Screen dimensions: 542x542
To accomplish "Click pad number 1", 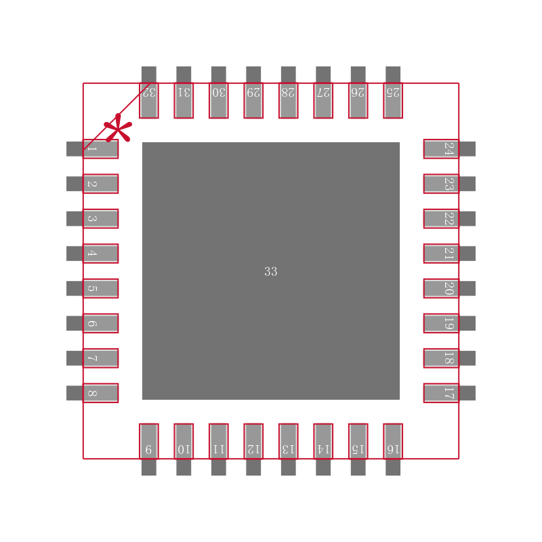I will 100,149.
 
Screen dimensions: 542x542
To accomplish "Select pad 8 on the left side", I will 100,393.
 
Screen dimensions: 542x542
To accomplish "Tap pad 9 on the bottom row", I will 149,442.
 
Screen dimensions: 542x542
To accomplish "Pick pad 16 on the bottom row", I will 393,442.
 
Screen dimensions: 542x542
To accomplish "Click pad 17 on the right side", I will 442,393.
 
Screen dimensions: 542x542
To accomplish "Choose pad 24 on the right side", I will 442,149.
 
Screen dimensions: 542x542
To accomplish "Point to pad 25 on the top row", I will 393,100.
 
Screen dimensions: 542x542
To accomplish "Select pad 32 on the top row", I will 149,100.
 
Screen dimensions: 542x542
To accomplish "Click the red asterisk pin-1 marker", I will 118,129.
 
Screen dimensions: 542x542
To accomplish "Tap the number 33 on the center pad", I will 271,272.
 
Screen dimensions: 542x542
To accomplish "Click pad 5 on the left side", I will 100,289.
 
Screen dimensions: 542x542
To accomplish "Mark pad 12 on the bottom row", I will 253,442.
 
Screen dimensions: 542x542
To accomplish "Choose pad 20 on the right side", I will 442,289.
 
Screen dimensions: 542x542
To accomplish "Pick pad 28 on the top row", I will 289,100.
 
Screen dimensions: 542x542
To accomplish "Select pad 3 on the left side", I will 100,219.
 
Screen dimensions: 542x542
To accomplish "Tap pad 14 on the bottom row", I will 323,442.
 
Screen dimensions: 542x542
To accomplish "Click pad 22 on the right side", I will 442,219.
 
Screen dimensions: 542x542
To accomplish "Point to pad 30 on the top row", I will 219,100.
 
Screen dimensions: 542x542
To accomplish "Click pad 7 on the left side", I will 100,358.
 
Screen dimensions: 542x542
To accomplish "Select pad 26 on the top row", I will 358,100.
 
